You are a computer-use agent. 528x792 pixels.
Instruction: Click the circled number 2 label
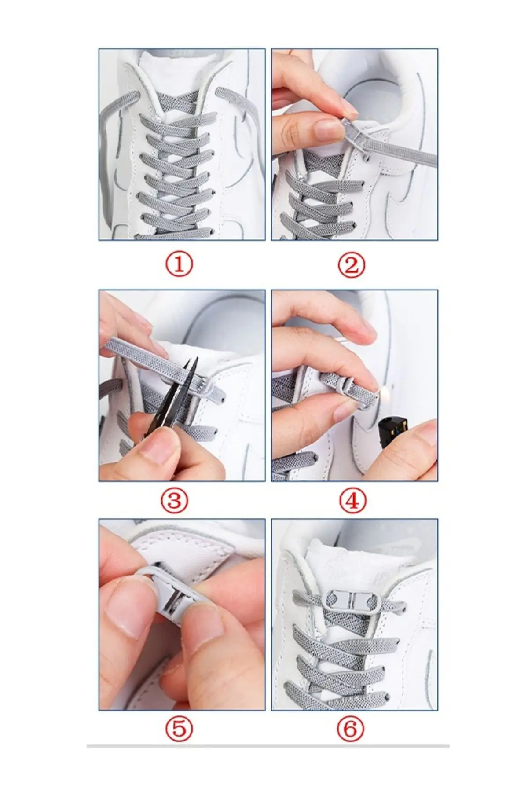(x=352, y=265)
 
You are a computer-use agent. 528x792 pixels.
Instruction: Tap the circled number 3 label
(x=175, y=500)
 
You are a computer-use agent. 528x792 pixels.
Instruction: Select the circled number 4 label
(x=353, y=500)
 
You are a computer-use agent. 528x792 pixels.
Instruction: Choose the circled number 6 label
(x=350, y=730)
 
